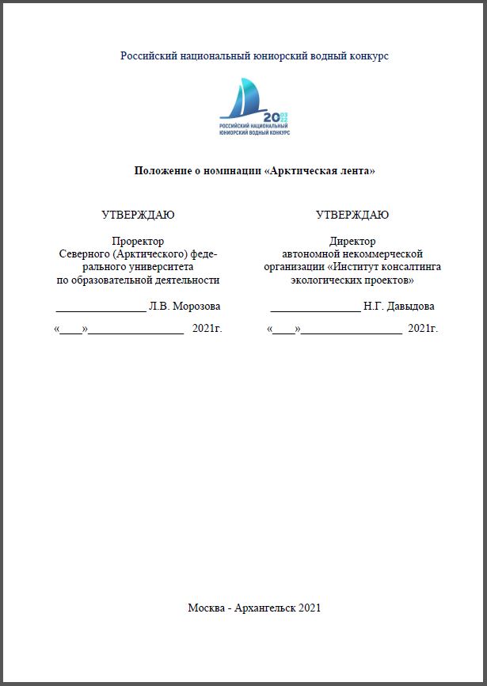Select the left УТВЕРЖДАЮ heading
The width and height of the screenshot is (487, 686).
139,215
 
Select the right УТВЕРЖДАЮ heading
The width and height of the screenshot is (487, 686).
352,215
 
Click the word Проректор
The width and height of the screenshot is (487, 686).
138,241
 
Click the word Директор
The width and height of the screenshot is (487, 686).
352,241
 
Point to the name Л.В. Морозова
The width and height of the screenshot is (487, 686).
185,306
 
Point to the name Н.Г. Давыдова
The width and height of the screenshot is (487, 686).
399,306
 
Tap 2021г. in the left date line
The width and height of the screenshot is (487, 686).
207,328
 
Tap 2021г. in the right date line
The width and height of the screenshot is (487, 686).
422,328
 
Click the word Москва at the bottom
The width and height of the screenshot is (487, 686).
206,608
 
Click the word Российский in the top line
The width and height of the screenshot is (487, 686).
147,56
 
